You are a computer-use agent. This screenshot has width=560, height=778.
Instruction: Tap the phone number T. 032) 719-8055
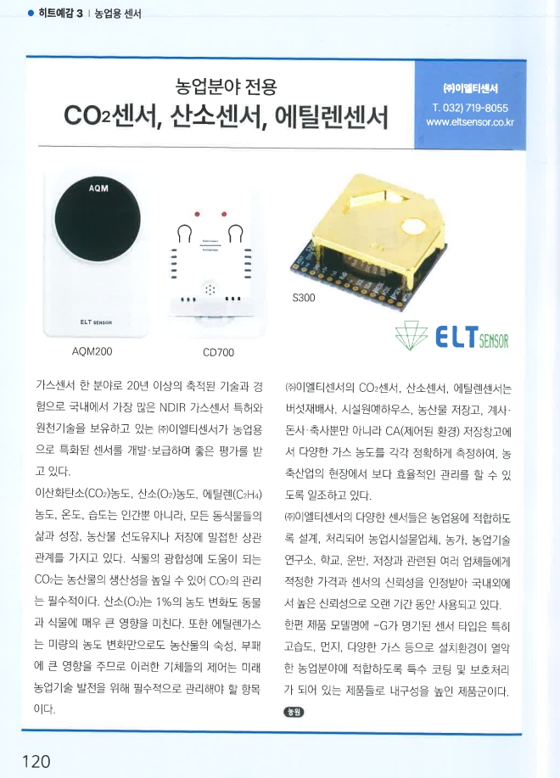point(469,108)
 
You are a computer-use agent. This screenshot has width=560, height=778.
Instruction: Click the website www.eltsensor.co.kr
point(470,122)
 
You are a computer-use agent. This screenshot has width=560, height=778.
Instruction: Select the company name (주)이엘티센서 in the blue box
point(470,89)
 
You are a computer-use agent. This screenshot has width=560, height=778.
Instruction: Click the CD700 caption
point(218,351)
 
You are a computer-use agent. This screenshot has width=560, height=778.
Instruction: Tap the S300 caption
point(304,298)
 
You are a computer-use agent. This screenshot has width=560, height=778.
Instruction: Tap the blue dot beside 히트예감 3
point(31,14)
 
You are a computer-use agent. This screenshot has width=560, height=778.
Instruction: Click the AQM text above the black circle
point(99,188)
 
